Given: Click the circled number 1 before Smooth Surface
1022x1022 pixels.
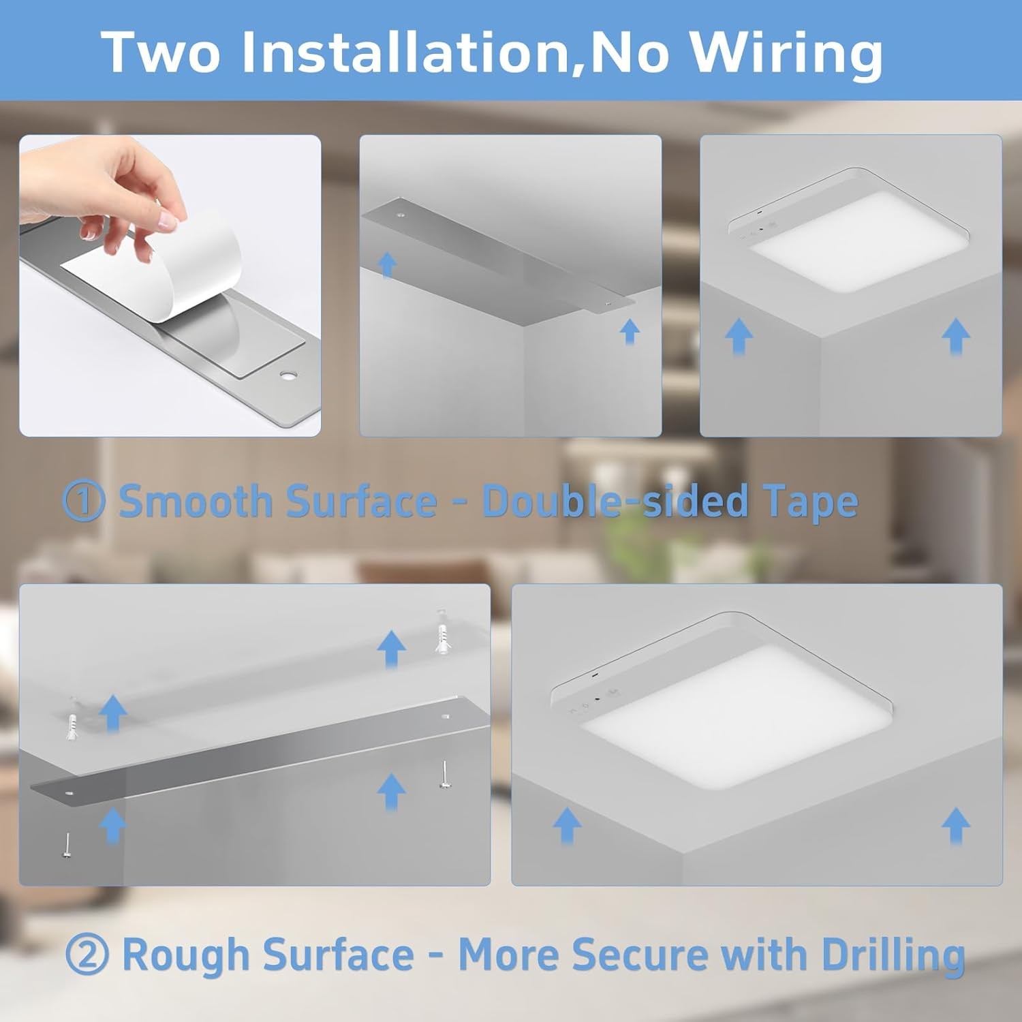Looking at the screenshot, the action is click(x=83, y=501).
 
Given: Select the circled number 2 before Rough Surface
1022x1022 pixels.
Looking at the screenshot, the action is click(x=86, y=955).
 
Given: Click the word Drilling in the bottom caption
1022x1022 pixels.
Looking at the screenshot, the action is click(x=893, y=955).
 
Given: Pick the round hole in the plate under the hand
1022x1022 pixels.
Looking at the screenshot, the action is click(x=288, y=375).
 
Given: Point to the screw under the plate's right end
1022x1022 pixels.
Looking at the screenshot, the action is click(x=444, y=776).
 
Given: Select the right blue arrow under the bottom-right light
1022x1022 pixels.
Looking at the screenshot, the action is click(x=955, y=825).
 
